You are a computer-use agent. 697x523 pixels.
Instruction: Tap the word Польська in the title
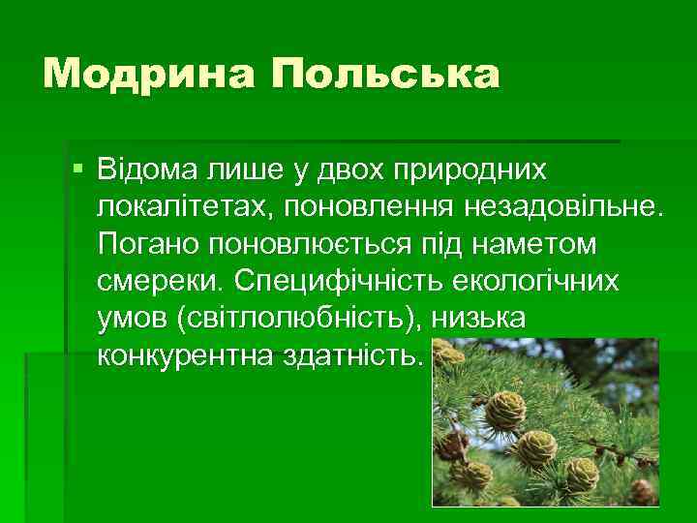385,75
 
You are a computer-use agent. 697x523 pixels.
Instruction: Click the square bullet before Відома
77,169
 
